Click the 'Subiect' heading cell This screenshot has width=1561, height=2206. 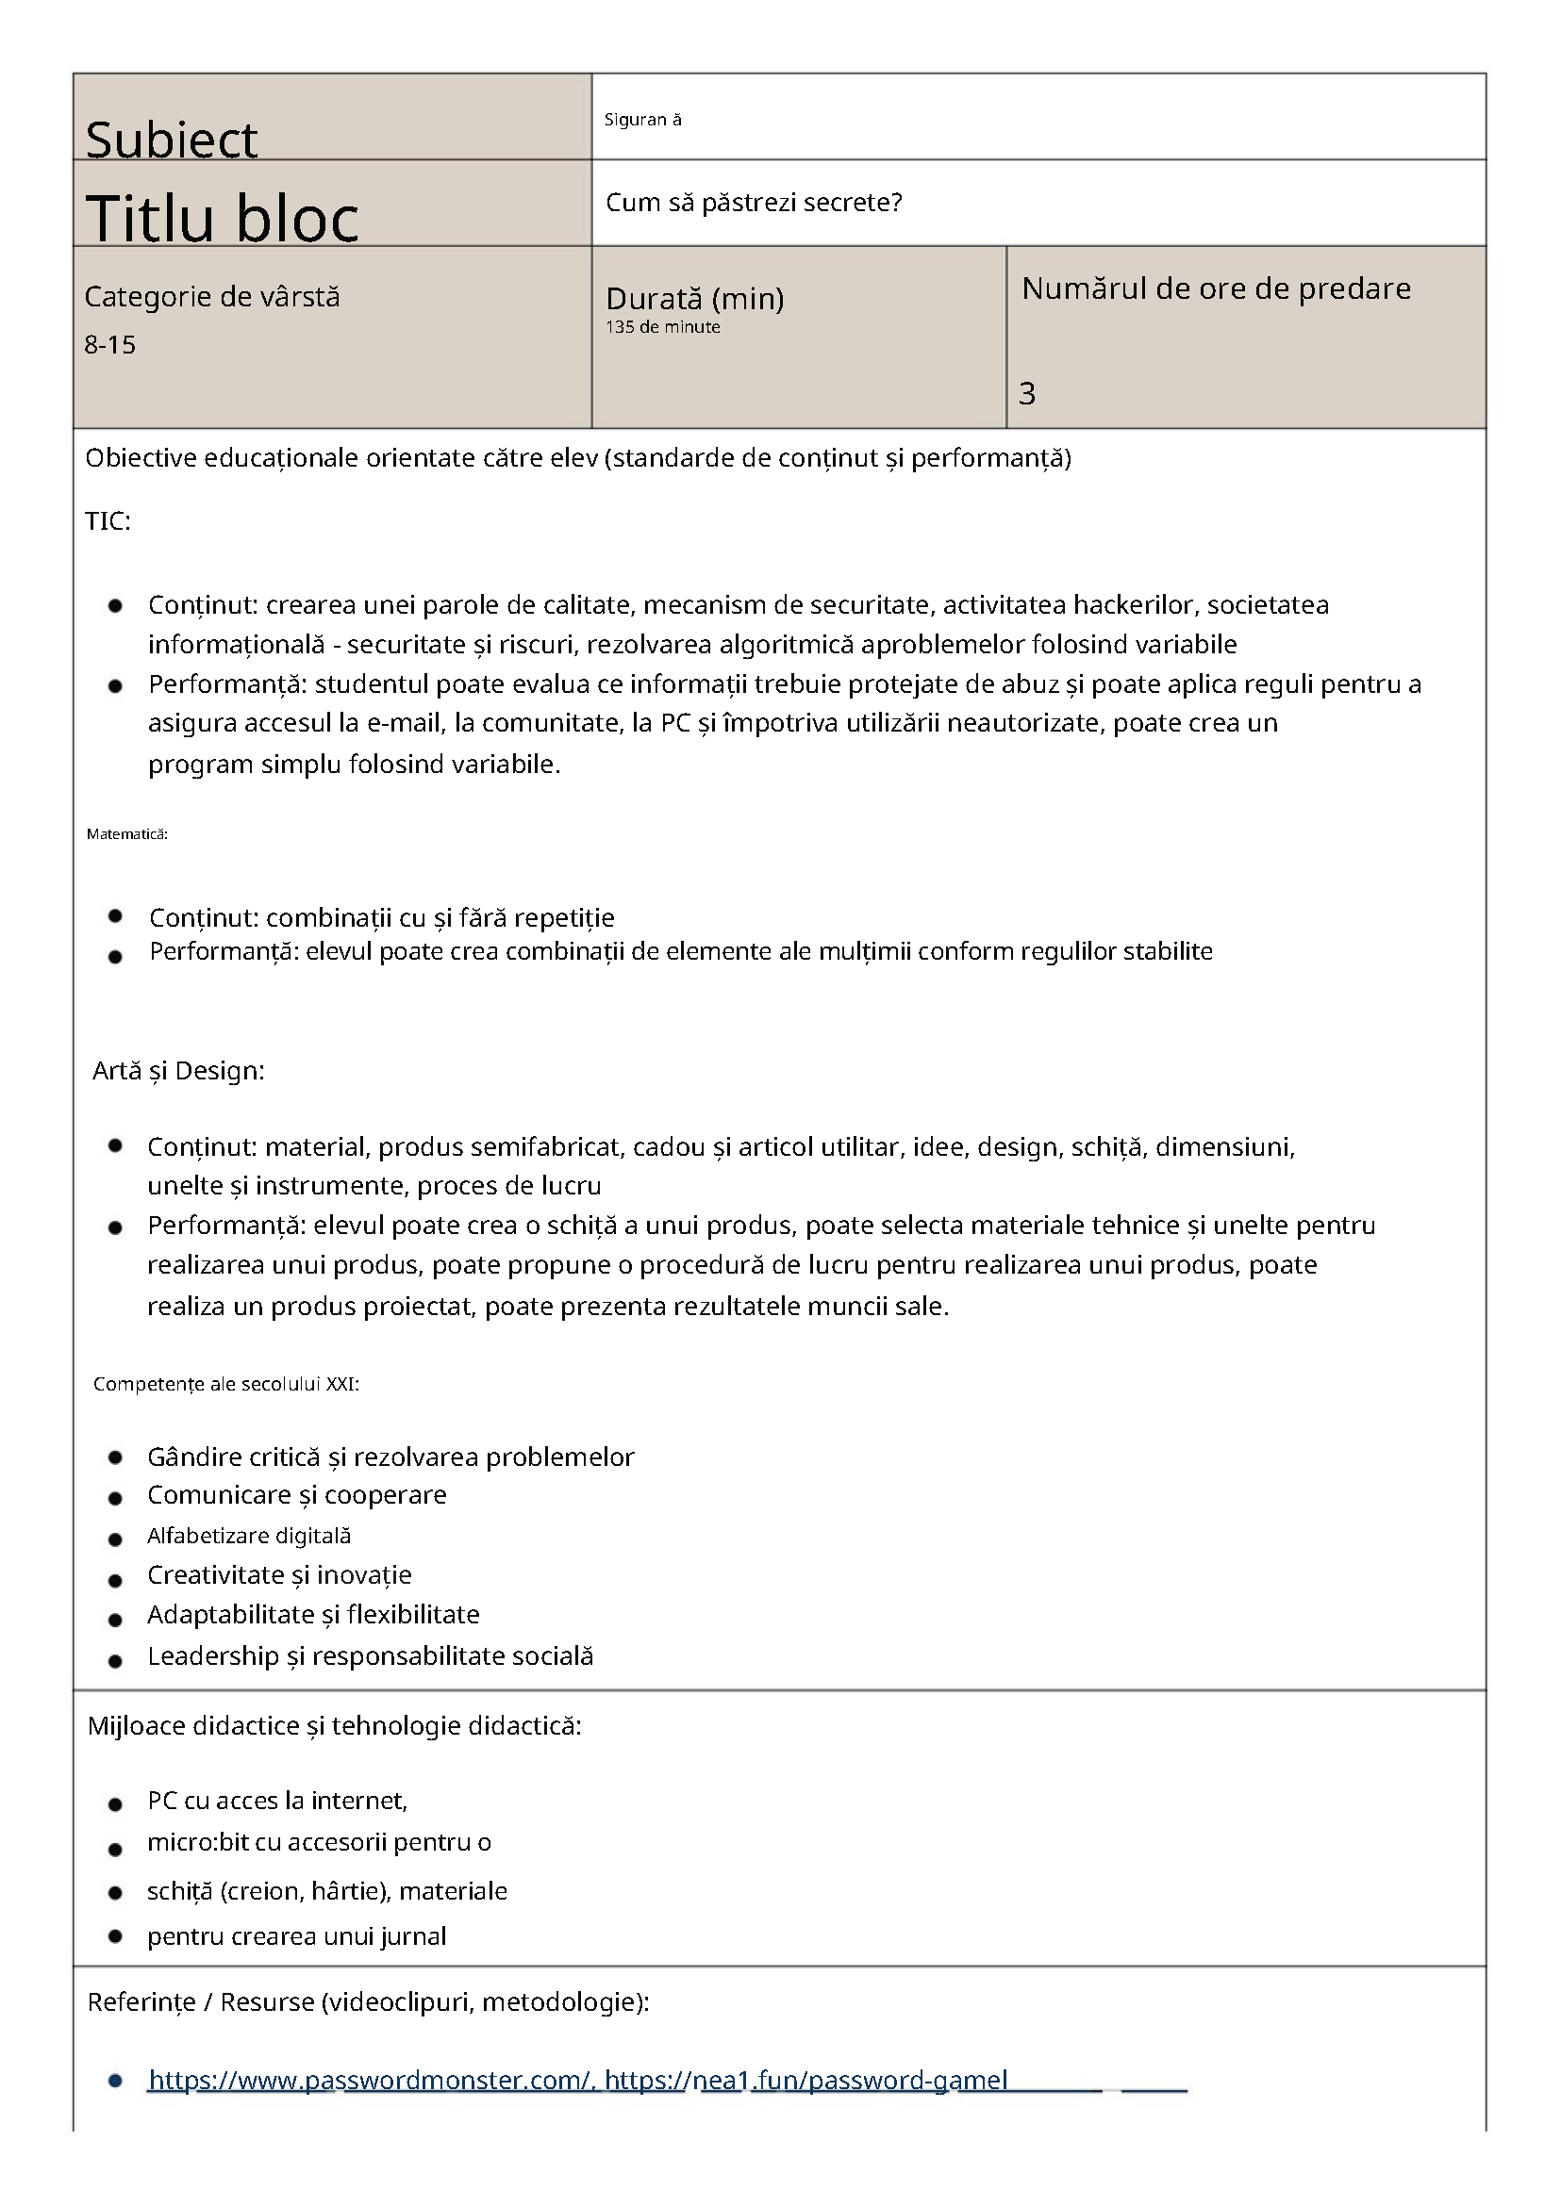(171, 140)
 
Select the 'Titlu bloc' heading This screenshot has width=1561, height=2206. (222, 217)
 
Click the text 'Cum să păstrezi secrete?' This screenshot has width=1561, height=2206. (754, 203)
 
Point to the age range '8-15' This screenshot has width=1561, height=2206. (109, 345)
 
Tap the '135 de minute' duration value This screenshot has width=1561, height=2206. (662, 327)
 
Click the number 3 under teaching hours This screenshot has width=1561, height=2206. (1026, 393)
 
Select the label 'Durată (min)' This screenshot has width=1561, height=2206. (694, 299)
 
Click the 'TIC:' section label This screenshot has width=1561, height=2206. (108, 520)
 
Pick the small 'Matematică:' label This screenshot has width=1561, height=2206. (127, 834)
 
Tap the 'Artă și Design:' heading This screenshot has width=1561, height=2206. (178, 1070)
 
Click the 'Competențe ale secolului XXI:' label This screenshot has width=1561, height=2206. (225, 1384)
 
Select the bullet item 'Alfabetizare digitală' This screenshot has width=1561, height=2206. (249, 1536)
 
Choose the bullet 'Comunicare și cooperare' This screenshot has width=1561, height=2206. (297, 1494)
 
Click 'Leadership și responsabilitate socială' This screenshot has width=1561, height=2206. (370, 1655)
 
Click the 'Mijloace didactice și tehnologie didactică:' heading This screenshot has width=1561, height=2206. (335, 1725)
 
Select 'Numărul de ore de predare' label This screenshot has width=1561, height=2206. (1216, 288)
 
